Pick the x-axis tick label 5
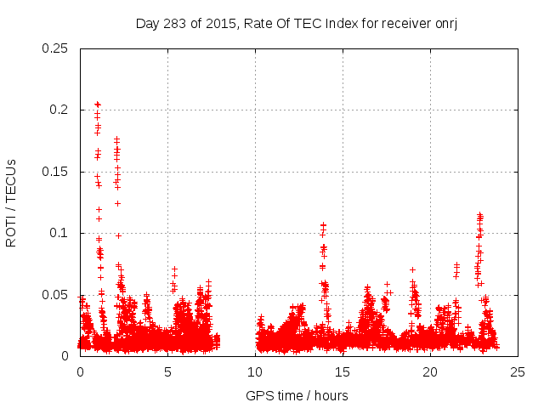click(167, 372)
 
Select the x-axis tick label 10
click(255, 372)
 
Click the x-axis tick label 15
click(343, 372)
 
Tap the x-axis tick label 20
click(430, 372)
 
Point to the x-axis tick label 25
click(518, 372)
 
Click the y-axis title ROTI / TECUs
click(12, 202)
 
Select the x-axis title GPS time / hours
click(297, 395)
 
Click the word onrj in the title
click(446, 23)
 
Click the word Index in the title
click(338, 23)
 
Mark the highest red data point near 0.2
click(97, 104)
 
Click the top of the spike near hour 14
click(323, 225)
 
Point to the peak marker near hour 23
click(479, 215)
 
